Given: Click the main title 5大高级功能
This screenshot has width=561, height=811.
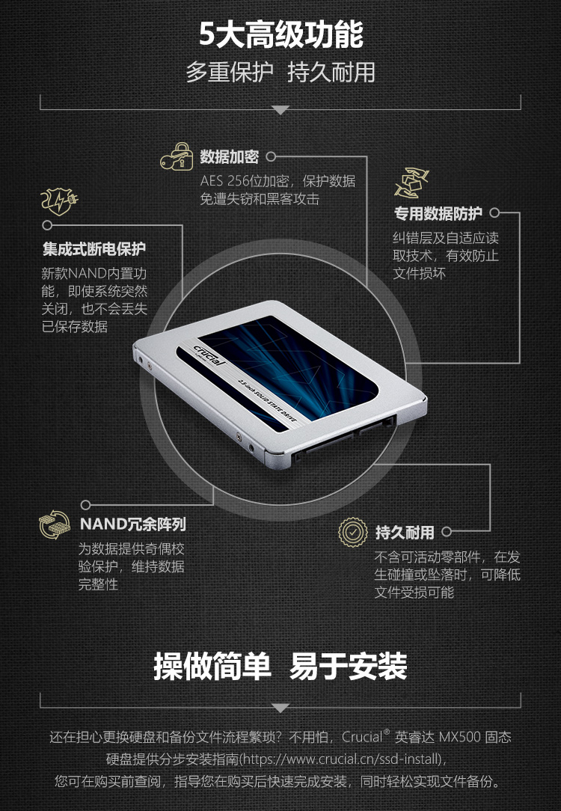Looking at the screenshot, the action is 281,34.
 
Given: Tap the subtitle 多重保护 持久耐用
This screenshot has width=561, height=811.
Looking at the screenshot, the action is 280,72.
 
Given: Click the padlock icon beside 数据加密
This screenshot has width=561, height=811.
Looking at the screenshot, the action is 177,156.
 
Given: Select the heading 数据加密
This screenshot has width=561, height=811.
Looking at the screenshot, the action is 229,156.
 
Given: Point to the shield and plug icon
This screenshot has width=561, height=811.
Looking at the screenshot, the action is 59,201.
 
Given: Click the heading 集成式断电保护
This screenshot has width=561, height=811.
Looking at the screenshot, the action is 94,249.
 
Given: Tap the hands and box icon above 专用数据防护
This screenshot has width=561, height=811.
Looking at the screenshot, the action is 411,183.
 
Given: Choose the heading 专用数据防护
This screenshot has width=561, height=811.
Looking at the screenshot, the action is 438,213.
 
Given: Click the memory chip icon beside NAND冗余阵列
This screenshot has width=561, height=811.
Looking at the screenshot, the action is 55,524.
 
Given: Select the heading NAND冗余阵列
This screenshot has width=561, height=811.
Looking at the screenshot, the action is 133,524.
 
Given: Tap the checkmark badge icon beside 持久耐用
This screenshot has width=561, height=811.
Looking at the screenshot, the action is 352,532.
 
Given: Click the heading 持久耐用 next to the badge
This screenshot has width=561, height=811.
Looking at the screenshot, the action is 405,532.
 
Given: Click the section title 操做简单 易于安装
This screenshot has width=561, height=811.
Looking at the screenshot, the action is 280,666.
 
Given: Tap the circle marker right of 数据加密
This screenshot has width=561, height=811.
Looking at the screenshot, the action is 271,156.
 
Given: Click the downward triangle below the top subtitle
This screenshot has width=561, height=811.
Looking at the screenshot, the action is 280,110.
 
